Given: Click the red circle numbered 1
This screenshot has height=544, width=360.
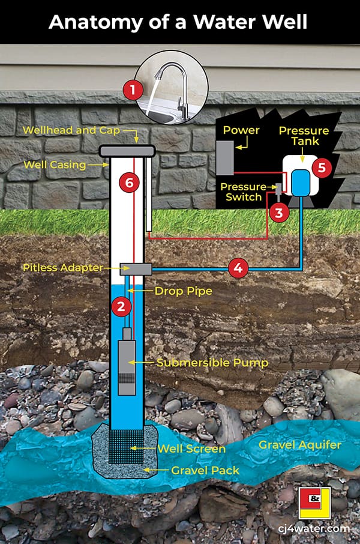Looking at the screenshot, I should [133, 91].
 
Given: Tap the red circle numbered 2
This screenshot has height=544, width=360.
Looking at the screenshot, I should [121, 306].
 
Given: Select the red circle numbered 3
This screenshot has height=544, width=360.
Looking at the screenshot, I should [278, 211].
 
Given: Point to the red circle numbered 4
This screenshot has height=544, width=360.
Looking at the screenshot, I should [238, 268].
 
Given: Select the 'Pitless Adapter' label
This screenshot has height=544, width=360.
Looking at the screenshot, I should [62, 267].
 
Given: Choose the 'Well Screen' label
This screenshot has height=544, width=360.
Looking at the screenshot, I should [191, 449].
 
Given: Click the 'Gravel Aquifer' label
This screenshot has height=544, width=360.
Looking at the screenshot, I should [299, 446].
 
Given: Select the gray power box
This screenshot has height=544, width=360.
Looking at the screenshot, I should [224, 157].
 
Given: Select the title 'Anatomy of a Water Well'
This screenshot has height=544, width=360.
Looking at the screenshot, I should [178, 22].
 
